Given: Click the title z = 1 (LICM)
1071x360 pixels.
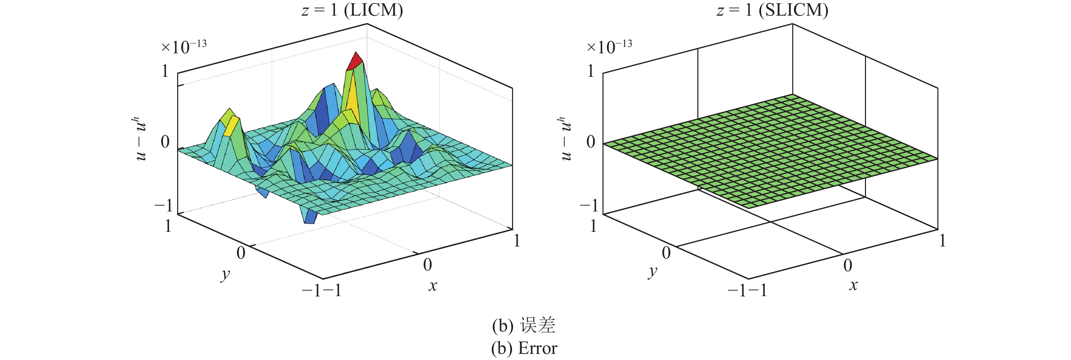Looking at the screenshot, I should coord(352,10).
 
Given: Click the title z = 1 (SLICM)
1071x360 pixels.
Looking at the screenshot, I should coord(772,10).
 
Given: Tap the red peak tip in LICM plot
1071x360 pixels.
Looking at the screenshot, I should coord(355,61).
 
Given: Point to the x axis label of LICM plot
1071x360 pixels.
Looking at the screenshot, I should coord(433,286).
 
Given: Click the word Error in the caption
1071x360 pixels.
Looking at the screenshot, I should coord(538,348).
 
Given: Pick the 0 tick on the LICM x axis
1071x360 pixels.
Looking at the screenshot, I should coord(427,265).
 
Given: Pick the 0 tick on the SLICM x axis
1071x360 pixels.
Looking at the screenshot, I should coord(848,265).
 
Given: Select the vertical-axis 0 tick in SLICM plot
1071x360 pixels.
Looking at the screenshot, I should coord(590,142).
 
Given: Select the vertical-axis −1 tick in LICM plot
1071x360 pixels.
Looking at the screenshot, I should coord(164,205).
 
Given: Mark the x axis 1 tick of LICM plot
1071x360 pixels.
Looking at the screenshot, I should coord(517,241).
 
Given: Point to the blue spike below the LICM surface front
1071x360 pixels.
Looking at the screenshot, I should coord(310,217).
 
